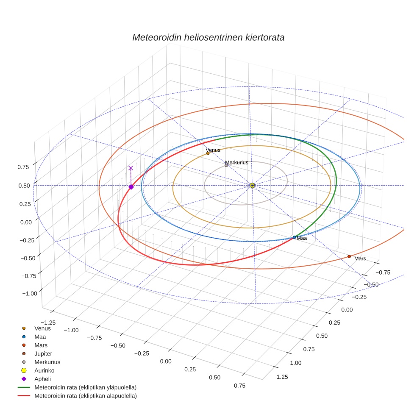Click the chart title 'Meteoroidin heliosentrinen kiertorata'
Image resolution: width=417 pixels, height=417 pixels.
[208, 37]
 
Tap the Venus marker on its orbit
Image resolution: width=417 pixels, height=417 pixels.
[208, 153]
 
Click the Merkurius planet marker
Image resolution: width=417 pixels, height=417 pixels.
[226, 165]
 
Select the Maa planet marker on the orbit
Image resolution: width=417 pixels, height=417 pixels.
[295, 237]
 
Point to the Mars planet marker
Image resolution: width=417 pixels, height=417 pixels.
[349, 256]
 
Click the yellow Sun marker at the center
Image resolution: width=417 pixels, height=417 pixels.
[252, 186]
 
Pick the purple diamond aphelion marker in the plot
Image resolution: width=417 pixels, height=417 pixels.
[131, 187]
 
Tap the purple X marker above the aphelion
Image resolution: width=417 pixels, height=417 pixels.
[131, 168]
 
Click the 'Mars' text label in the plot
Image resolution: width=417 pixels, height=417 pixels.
[360, 259]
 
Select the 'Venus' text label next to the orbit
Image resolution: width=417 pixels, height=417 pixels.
[213, 150]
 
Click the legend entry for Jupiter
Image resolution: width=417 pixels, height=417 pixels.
[43, 353]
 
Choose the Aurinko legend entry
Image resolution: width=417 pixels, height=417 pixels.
[44, 370]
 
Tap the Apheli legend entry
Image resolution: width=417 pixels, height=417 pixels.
[42, 379]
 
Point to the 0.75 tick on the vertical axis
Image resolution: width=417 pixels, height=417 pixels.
[23, 167]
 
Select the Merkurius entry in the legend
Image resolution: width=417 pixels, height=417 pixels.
[47, 362]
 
